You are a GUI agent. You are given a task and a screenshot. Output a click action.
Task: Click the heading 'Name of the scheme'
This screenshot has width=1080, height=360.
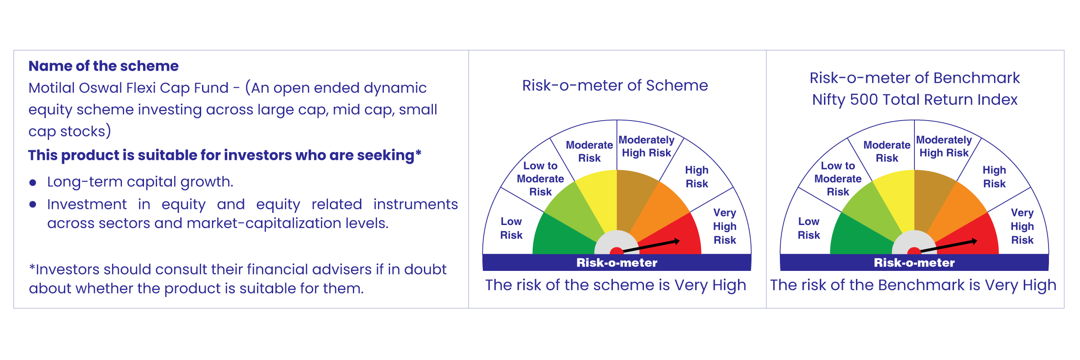tap(103, 66)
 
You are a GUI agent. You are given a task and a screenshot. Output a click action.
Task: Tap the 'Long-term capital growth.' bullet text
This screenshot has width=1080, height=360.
tap(140, 182)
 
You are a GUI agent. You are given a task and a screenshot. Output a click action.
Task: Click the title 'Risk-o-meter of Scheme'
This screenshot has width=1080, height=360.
tap(615, 85)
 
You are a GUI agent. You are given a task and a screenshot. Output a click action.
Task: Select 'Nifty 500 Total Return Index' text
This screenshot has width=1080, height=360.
tap(915, 99)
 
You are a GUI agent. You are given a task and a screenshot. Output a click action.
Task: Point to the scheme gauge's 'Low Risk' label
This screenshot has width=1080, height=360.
tap(511, 228)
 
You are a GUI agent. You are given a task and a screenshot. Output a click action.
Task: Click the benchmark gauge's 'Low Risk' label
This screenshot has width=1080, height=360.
tap(809, 228)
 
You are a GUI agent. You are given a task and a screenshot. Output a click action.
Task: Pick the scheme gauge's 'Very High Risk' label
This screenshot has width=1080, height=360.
tap(724, 226)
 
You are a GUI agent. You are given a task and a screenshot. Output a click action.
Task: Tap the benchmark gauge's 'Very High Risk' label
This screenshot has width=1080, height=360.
tap(1022, 226)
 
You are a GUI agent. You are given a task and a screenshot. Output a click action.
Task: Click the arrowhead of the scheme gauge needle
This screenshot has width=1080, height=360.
tap(676, 242)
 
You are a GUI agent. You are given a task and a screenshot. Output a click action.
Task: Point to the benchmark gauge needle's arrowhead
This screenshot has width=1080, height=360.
tap(974, 242)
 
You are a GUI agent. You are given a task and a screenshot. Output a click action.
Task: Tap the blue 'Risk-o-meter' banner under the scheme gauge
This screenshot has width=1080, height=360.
tap(617, 262)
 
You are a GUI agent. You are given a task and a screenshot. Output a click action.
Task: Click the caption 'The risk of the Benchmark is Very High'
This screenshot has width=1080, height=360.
tap(913, 285)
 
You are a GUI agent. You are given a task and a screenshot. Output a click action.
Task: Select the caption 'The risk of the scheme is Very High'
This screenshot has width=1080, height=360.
tap(616, 285)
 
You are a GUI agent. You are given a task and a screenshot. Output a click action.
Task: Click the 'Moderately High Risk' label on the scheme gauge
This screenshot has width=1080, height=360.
tap(647, 147)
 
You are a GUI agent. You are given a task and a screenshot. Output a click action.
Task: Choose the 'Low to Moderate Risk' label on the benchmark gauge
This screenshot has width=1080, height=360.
tap(838, 179)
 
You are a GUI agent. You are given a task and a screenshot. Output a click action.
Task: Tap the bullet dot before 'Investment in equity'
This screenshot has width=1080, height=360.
tap(32, 204)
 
